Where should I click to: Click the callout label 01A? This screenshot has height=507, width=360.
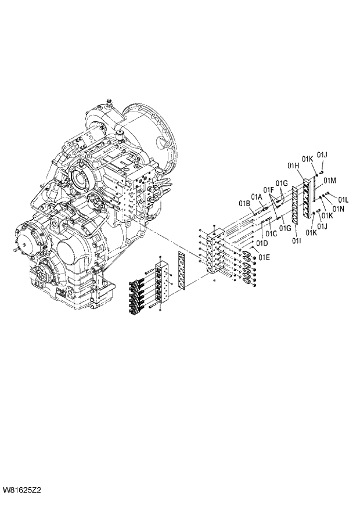(257, 196)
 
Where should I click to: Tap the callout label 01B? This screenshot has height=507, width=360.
(244, 203)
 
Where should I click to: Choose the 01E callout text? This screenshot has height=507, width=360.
(264, 257)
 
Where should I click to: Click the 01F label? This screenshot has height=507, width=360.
(268, 189)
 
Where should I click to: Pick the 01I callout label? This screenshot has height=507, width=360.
(296, 240)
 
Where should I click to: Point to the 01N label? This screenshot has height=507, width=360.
(338, 208)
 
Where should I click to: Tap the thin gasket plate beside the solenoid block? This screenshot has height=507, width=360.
(182, 271)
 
